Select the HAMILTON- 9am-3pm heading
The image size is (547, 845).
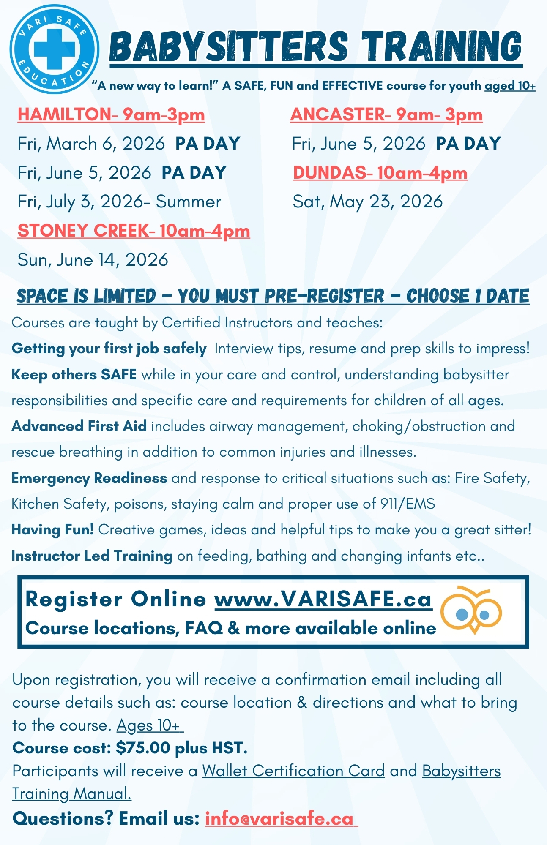coord(111,115)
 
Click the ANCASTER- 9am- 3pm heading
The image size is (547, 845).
coord(386,115)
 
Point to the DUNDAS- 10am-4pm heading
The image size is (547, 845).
coord(380,173)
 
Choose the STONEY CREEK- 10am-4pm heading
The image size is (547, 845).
coord(134,231)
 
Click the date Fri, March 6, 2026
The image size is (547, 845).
coord(91,144)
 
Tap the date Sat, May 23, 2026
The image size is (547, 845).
coord(368,202)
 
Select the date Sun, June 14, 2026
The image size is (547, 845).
coord(93,260)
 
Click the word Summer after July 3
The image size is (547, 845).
coord(189,202)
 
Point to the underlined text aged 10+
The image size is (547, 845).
coord(510,86)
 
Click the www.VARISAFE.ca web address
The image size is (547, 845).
coord(323,599)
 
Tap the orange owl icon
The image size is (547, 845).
coord(471,610)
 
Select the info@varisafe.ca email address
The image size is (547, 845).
coord(279,818)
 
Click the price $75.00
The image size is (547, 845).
coord(143,748)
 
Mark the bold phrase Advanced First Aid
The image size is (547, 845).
coord(79,426)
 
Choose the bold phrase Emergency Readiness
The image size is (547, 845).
coord(89,478)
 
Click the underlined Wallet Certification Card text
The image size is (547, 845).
coord(293,771)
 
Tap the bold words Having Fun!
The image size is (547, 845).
coord(53,529)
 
